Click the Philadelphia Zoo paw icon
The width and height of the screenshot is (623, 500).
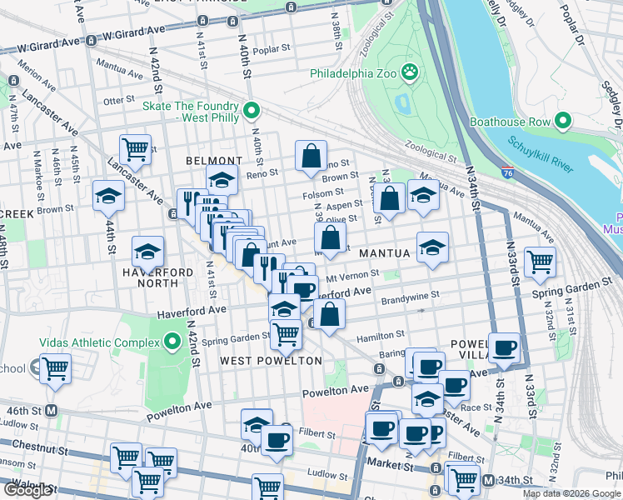pos(409,73)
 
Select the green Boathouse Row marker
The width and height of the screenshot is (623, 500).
pos(562,122)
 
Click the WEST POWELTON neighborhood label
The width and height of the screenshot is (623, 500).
pos(271,361)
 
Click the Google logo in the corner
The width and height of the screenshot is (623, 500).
pos(27,490)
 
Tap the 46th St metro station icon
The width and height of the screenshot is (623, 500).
pos(51,410)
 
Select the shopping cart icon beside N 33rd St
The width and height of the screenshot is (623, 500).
pos(541,262)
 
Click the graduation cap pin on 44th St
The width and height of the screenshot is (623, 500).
pos(108,197)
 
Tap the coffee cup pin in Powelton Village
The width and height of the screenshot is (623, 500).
pos(504,347)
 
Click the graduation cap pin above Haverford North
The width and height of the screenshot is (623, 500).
pos(148,251)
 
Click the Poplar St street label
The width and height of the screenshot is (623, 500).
pos(271,50)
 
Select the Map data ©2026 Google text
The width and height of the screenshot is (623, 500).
pos(571,493)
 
